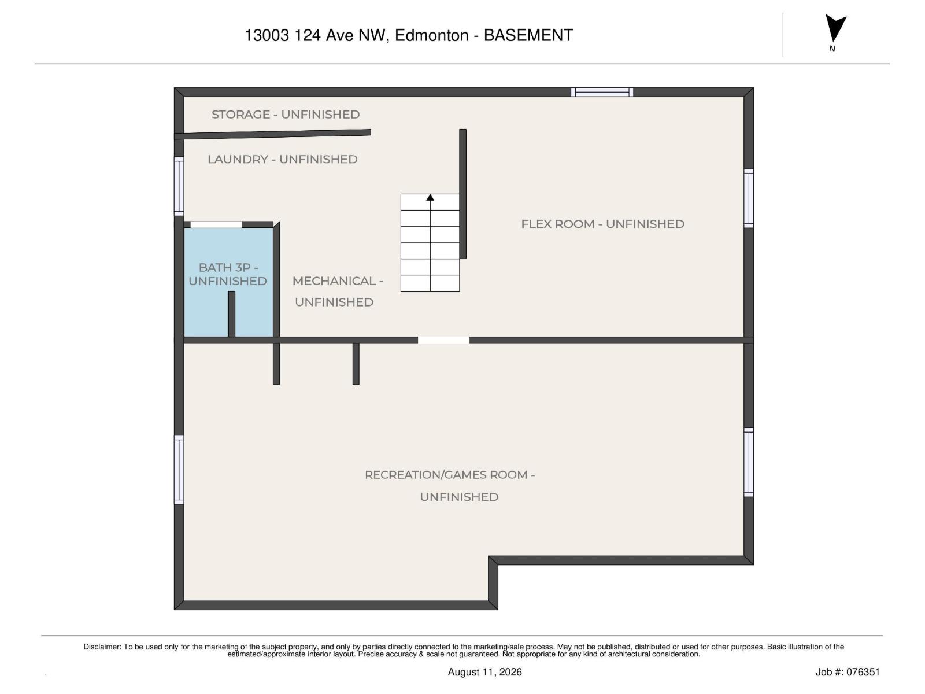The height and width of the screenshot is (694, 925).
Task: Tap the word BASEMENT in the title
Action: tap(528, 35)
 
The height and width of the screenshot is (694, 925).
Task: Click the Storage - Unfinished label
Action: tap(285, 114)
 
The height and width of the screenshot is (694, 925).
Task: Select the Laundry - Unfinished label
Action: tap(282, 159)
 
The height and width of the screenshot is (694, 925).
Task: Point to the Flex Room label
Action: tap(602, 224)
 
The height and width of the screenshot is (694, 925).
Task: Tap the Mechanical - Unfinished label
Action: tap(338, 291)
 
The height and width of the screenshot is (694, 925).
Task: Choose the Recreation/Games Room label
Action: tap(450, 486)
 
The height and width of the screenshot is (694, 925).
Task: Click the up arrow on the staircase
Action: tap(430, 198)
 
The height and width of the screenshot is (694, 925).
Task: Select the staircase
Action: tap(430, 243)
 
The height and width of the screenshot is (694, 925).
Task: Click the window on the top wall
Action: tap(602, 93)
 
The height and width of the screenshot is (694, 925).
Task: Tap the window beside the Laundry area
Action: tap(179, 186)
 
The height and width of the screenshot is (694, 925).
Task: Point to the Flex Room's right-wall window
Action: tap(749, 198)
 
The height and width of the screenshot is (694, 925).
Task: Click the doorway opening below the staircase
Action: tap(443, 340)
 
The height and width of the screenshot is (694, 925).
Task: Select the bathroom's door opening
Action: tap(216, 224)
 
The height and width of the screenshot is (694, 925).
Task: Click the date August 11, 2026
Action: tap(484, 672)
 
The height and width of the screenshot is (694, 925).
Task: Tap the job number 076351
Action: tap(862, 672)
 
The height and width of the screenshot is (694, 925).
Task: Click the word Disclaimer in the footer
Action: tap(102, 647)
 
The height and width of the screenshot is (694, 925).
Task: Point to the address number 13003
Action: tap(267, 35)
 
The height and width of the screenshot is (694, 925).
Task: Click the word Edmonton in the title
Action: tap(431, 35)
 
